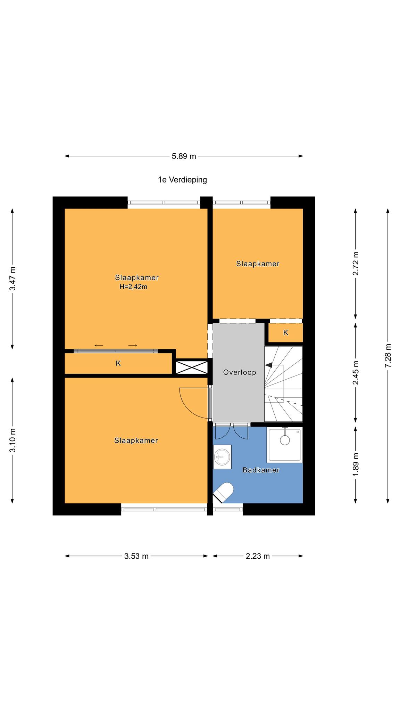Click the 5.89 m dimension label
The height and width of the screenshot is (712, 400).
click(x=184, y=156)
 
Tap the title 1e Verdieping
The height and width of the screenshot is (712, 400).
click(x=182, y=180)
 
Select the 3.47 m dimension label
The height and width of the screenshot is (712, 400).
click(x=12, y=278)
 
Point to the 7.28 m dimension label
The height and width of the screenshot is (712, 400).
click(x=388, y=355)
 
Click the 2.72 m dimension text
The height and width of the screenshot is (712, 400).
click(x=356, y=263)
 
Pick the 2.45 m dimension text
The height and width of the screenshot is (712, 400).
click(x=356, y=373)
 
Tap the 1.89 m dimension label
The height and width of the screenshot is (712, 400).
click(x=356, y=465)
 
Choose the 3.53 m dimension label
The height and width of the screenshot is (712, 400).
click(x=136, y=556)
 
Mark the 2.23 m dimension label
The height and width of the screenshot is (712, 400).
click(x=258, y=556)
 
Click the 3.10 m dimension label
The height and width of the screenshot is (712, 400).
click(x=12, y=440)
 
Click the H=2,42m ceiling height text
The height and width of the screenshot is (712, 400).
click(x=133, y=287)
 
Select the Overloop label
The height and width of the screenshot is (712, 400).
click(x=240, y=372)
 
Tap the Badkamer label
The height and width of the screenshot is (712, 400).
click(x=261, y=470)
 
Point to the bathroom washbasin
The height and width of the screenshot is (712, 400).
click(x=222, y=456)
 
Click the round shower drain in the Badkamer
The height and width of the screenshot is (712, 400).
click(x=285, y=440)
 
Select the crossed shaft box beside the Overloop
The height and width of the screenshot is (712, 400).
click(x=192, y=367)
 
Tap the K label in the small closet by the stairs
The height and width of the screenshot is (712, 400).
click(x=286, y=333)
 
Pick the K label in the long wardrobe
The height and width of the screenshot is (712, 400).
click(x=118, y=363)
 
